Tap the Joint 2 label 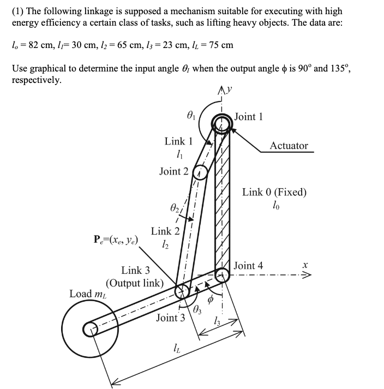coord(173,171)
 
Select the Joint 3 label coord(171,318)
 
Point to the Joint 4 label coord(248,266)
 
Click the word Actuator coord(289,146)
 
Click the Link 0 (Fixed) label coord(274,192)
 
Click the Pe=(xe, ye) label coord(116,240)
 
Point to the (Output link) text coord(134,283)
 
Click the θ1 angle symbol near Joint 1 coord(189,115)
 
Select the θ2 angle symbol coord(173,208)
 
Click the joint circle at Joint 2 coord(199,172)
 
